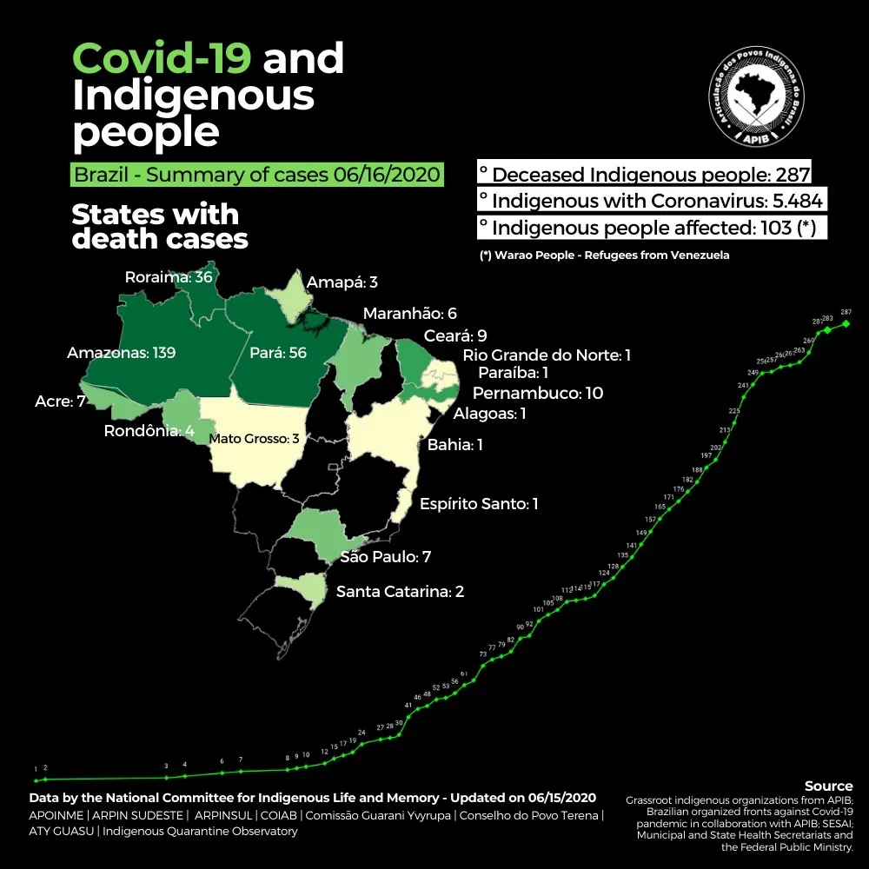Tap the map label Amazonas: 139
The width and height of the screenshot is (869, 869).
coord(121,353)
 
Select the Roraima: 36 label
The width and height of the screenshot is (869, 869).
coord(169,277)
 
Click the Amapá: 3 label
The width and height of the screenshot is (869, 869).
coord(342,282)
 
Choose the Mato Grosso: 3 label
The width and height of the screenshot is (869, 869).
coord(254,439)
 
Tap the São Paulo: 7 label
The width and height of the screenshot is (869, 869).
coord(385,556)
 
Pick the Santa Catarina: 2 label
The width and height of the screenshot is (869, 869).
coord(400,592)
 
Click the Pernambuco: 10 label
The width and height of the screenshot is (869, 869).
coord(537,393)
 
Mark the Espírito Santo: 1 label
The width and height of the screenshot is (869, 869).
coord(479,504)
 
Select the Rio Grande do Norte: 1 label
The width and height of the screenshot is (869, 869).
coord(547,355)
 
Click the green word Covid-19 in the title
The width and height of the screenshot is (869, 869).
coord(162,59)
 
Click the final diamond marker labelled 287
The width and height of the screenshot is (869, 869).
coord(846,324)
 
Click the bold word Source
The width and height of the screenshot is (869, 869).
coord(828,786)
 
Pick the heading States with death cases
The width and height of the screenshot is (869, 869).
coord(159,226)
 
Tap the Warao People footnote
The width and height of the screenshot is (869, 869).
coord(604,255)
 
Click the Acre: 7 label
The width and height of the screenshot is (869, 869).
coord(53,403)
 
